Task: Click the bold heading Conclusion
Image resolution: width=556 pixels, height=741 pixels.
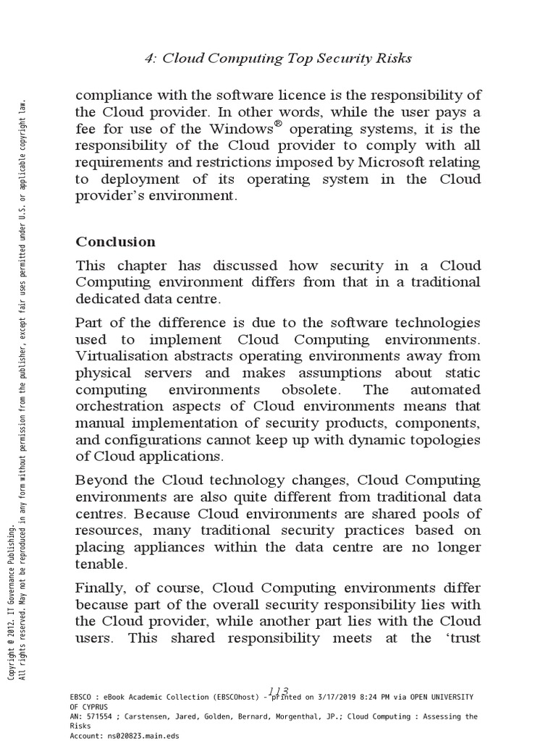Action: [x=116, y=242]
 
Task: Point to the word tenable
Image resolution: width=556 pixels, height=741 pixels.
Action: [x=101, y=564]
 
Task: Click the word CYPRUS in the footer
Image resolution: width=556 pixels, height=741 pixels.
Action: [x=96, y=706]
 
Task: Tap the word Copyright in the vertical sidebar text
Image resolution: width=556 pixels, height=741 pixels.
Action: [x=10, y=661]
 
